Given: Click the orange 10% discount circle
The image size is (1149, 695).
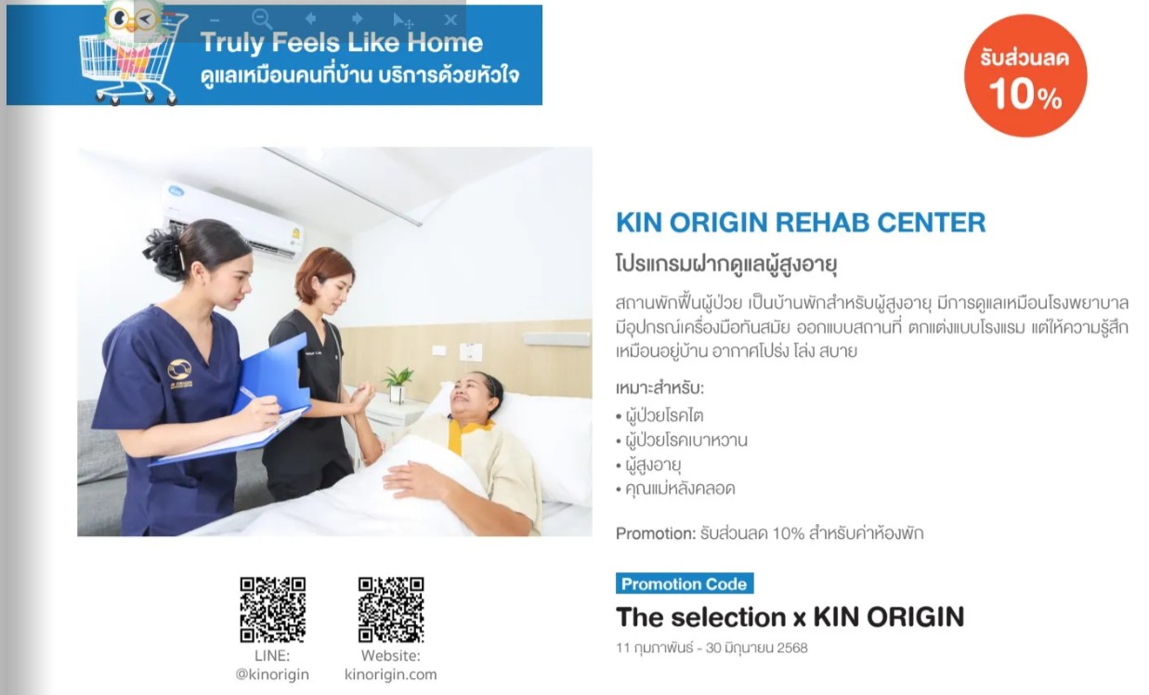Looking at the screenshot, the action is [x=1025, y=76].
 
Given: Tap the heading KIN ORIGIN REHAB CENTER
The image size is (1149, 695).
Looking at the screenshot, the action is [x=801, y=223].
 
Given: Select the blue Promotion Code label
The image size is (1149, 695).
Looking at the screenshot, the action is [x=685, y=584].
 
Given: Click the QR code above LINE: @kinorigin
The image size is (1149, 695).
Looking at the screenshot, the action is [x=272, y=610].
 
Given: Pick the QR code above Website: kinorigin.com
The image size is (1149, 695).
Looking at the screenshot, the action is [x=391, y=610].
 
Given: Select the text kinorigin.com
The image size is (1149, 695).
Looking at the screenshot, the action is [x=390, y=675].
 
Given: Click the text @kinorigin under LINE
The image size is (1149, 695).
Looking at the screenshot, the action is [x=272, y=675].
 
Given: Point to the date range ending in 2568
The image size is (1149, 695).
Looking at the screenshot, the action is [x=712, y=648].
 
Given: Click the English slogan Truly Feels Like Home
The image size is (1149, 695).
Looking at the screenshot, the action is [x=342, y=42].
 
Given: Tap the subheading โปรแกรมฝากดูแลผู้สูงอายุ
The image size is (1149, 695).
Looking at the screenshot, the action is [x=726, y=264].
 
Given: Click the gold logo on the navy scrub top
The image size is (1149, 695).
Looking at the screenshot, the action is [x=179, y=371].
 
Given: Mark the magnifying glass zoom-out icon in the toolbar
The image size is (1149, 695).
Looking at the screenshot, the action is [x=262, y=20].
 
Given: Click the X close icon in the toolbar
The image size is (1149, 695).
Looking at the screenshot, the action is [x=450, y=20].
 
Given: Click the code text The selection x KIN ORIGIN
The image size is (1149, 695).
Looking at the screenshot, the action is [x=790, y=617].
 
